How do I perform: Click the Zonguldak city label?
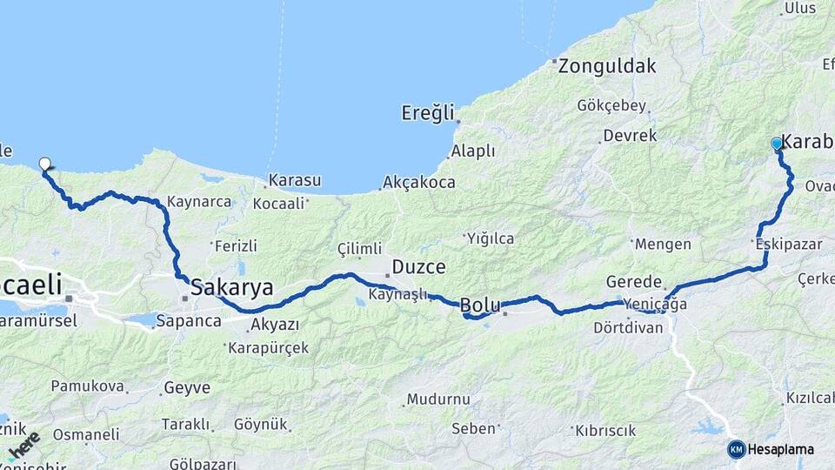[607, 65]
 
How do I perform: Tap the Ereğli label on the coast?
[428, 112]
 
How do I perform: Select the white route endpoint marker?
[45, 163]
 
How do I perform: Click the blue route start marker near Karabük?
[777, 144]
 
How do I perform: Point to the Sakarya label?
[232, 287]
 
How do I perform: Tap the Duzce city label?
[418, 267]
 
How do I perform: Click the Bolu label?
[479, 305]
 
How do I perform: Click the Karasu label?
[295, 181]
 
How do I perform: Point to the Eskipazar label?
[789, 245]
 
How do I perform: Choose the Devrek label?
[630, 136]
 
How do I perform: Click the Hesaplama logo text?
[780, 449]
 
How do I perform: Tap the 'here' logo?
[24, 446]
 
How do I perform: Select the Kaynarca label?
[199, 202]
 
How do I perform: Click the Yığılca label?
[491, 238]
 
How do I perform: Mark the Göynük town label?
[261, 425]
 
